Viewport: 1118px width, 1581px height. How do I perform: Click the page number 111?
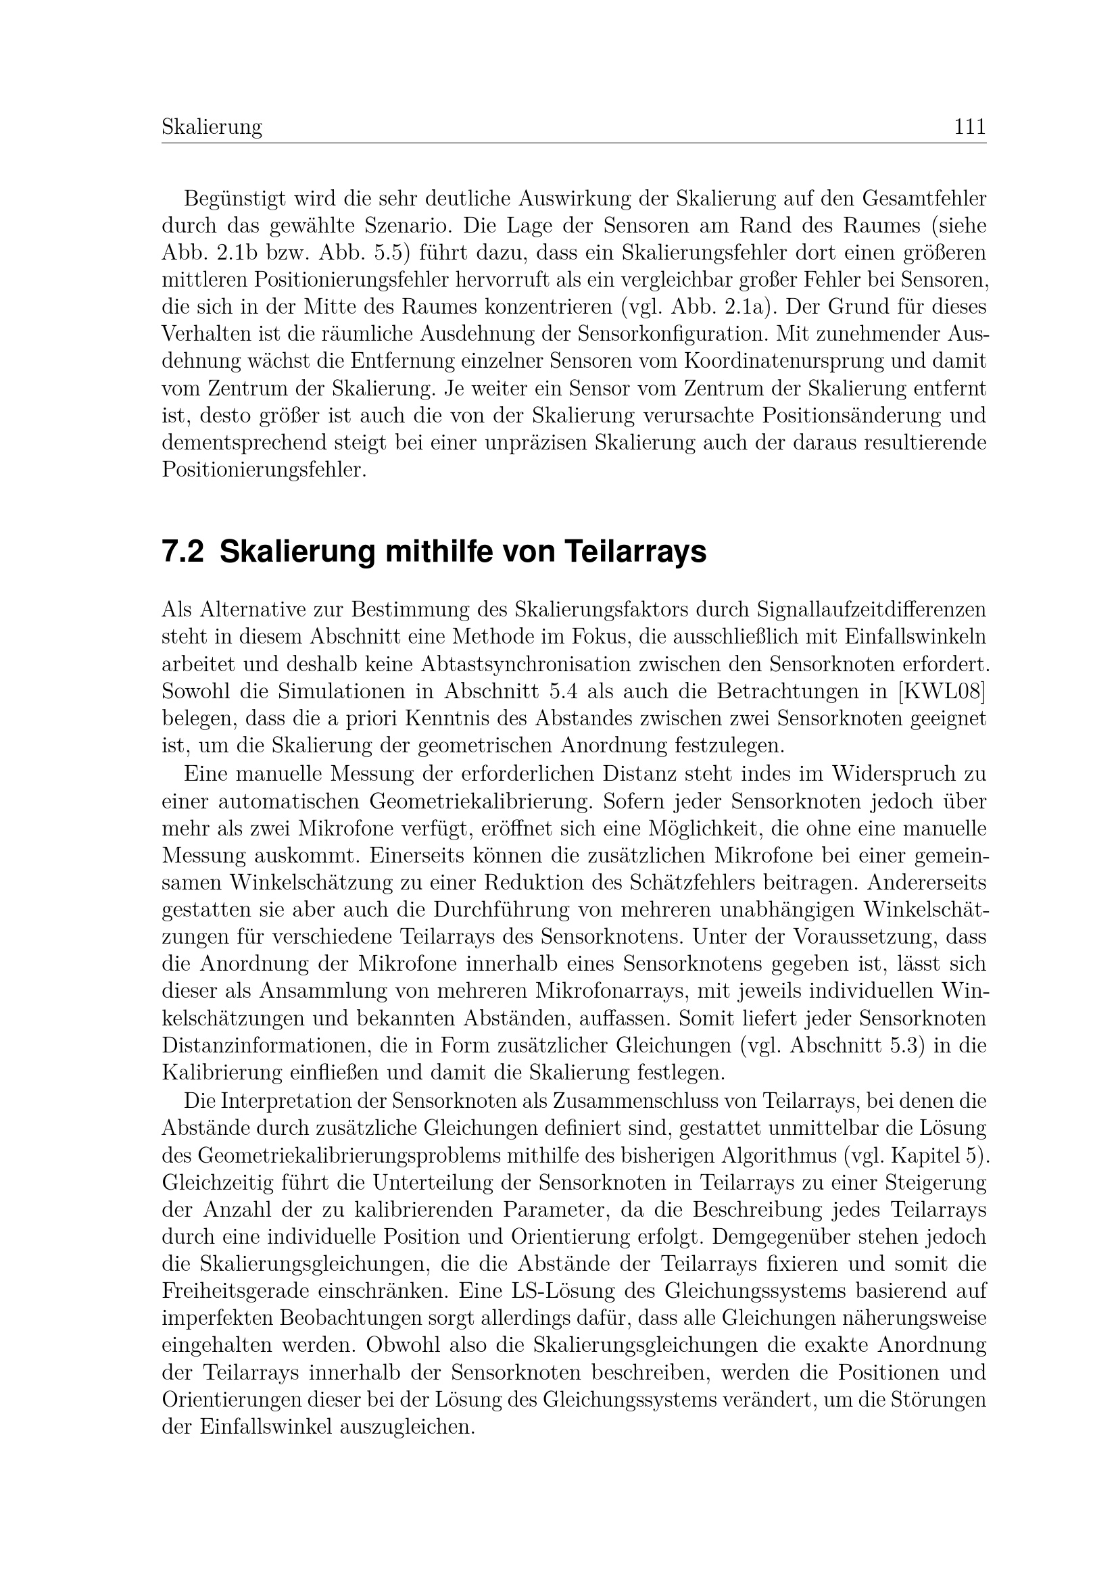(x=969, y=127)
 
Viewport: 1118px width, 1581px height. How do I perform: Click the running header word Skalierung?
(x=212, y=127)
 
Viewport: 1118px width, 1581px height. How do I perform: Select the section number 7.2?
(x=183, y=552)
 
